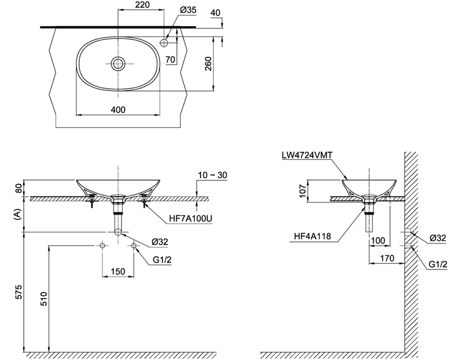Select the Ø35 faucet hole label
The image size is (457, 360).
[x=185, y=9]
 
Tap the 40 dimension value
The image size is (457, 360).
[x=215, y=13]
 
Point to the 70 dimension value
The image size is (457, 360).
[x=170, y=59]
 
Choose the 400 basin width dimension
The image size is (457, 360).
[x=118, y=110]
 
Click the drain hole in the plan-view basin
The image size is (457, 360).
[x=118, y=64]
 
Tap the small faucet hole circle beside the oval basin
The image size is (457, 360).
[x=165, y=42]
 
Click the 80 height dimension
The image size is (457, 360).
[x=17, y=188]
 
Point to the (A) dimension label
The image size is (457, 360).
[x=17, y=215]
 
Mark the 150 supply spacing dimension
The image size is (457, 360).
[x=118, y=271]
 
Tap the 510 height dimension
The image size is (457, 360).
[x=44, y=299]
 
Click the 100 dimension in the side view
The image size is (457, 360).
[x=379, y=240]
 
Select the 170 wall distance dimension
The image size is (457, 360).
[x=388, y=258]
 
